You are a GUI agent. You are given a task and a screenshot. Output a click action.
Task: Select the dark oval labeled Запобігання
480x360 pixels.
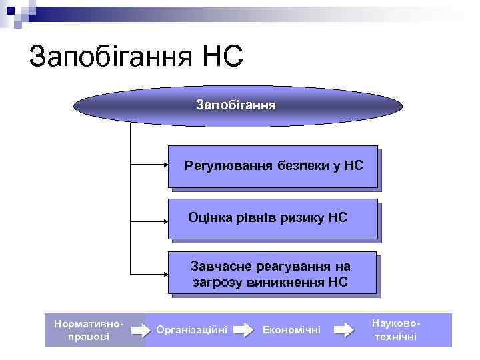click(236, 105)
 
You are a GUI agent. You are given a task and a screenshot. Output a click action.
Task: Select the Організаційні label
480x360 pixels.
click(191, 329)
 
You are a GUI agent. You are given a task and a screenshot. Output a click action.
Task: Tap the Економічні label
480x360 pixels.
click(292, 329)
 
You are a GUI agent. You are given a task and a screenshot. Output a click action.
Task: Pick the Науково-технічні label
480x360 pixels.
click(395, 329)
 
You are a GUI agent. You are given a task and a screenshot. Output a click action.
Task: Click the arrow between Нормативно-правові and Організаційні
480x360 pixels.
click(141, 329)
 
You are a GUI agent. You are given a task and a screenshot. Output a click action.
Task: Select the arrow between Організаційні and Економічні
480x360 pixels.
click(245, 329)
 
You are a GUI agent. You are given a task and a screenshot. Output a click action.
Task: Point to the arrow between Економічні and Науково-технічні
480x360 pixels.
click(343, 329)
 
